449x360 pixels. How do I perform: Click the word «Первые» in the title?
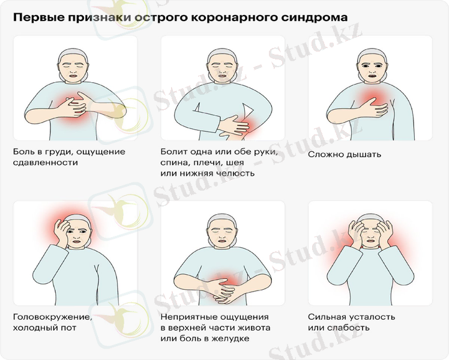(38, 17)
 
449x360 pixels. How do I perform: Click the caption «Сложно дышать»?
(345, 155)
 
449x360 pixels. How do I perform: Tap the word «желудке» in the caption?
(231, 338)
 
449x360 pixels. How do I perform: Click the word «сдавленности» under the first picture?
(46, 163)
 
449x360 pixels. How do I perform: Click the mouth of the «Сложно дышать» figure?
(372, 76)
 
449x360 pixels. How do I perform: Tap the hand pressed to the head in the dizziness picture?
(61, 231)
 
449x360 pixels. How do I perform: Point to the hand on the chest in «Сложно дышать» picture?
(372, 107)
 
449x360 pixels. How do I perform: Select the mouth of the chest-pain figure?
(73, 76)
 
